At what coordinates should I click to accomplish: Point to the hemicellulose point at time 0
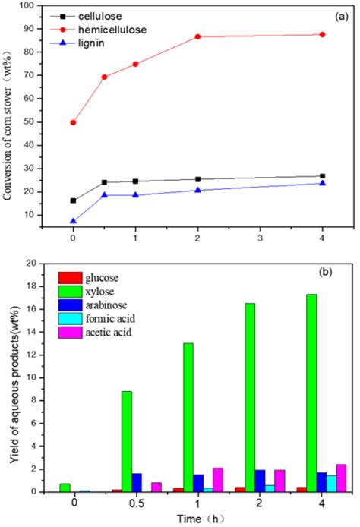[x=73, y=122]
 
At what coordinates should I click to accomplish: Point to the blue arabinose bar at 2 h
[x=258, y=481]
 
